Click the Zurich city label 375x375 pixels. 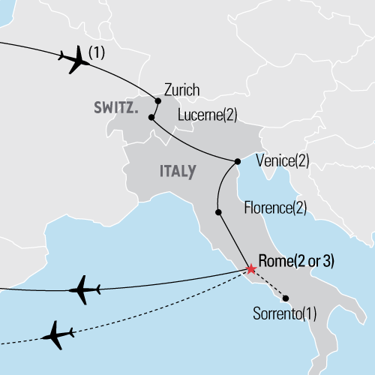pyautogui.click(x=181, y=91)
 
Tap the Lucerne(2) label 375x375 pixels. pyautogui.click(x=208, y=115)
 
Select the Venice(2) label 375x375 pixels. pyautogui.click(x=282, y=160)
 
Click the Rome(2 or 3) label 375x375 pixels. pyautogui.click(x=295, y=261)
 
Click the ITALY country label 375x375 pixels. pyautogui.click(x=178, y=171)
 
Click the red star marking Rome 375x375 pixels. pyautogui.click(x=250, y=268)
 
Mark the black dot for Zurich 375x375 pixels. pyautogui.click(x=157, y=100)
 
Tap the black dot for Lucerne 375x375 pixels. pyautogui.click(x=151, y=118)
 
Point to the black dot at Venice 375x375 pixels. pyautogui.click(x=237, y=161)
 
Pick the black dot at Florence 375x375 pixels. pyautogui.click(x=218, y=212)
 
